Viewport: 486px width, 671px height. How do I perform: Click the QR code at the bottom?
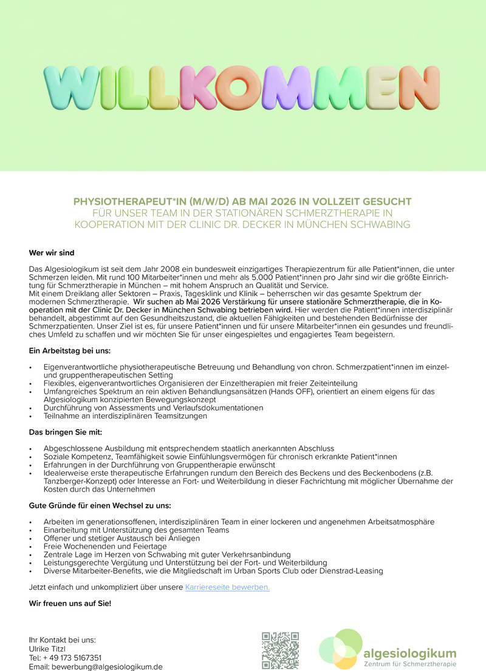click(x=281, y=650)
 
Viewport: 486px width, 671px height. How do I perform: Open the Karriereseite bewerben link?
click(x=227, y=587)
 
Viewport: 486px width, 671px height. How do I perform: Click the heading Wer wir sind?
click(x=52, y=252)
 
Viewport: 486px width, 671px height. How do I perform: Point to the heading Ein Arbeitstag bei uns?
click(x=70, y=351)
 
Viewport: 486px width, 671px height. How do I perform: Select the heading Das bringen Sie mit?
click(x=66, y=432)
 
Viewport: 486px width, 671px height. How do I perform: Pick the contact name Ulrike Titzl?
click(x=50, y=649)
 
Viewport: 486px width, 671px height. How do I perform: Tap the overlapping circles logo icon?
click(x=341, y=649)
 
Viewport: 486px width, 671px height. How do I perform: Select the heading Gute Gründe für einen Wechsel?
click(x=100, y=505)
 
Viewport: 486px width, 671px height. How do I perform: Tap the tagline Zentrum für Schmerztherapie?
click(x=409, y=664)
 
